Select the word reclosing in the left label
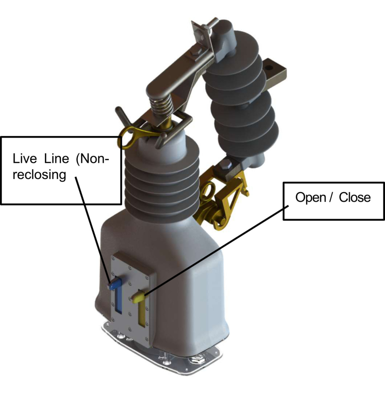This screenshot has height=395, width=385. point(37,175)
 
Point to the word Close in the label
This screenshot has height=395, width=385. point(355,197)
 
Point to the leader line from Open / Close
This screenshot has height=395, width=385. point(215,251)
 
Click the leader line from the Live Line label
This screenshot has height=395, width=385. point(92,230)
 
